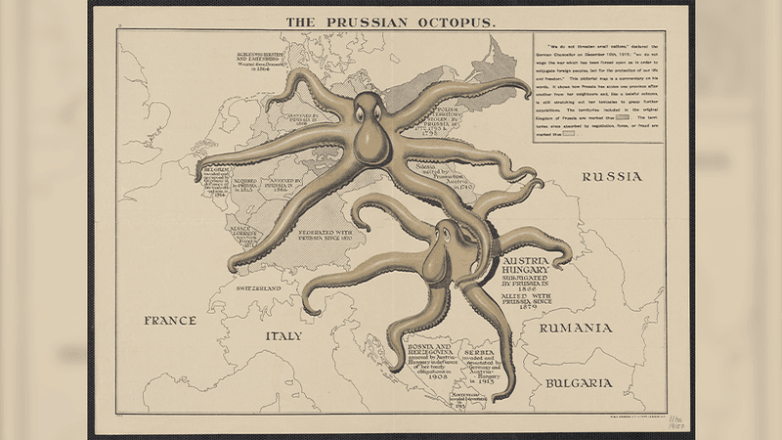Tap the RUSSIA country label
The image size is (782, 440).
pos(611,177)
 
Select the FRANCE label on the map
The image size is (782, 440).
pos(171,321)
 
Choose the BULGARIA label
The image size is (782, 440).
pos(580,383)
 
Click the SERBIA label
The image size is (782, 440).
pos(486,351)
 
